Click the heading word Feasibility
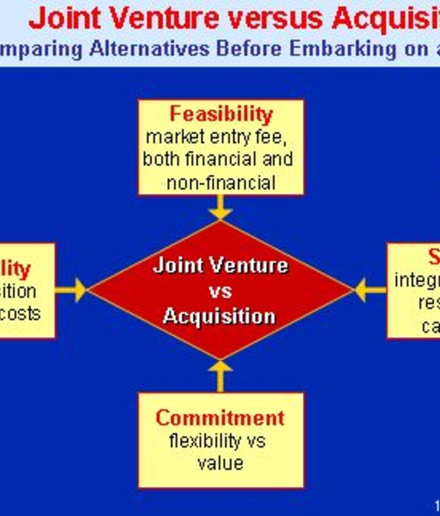(221, 114)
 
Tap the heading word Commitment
(220, 418)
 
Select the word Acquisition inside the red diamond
(219, 316)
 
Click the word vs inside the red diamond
(220, 291)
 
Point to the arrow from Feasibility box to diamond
(220, 208)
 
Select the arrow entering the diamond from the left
(72, 290)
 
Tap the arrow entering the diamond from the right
(369, 290)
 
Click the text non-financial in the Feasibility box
(221, 183)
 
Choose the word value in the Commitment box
(220, 463)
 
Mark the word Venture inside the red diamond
(254, 266)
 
